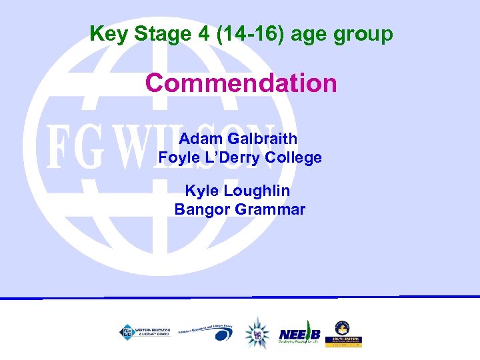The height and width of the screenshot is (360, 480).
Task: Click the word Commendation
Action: pos(241,84)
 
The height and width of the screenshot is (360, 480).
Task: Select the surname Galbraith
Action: pos(263,139)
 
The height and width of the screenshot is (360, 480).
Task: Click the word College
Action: pos(293,158)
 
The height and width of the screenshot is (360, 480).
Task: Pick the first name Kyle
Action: pos(201,191)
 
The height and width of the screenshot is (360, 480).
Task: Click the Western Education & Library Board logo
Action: pos(144,331)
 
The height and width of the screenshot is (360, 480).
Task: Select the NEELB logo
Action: pos(301,334)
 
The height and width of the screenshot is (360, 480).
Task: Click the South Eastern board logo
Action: pos(343,333)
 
